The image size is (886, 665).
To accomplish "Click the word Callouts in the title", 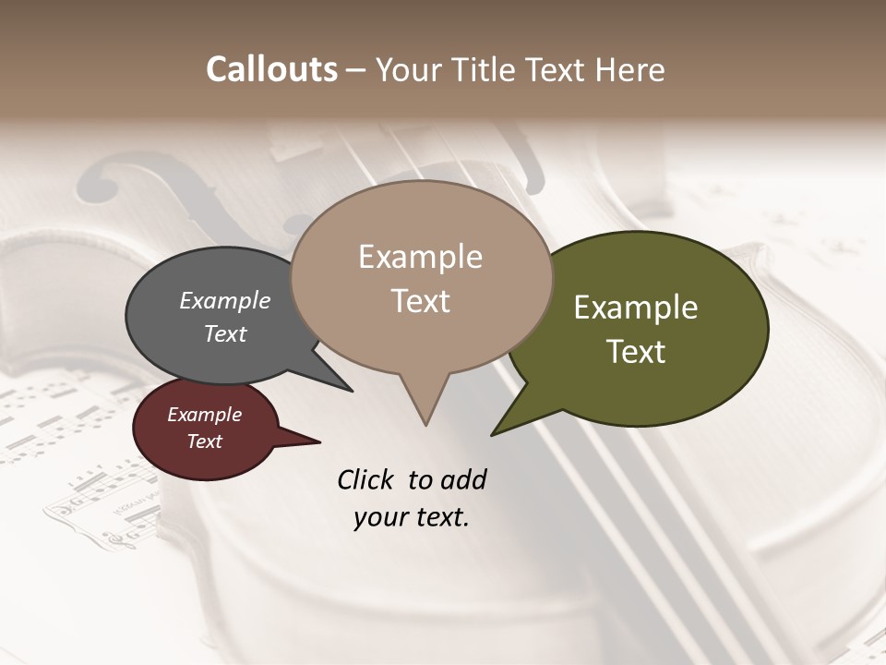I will pyautogui.click(x=271, y=69).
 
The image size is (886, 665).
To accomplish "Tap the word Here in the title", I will pyautogui.click(x=630, y=69).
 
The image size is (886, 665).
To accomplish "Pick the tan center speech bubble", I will pyautogui.click(x=421, y=277).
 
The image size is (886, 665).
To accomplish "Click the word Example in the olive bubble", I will pyautogui.click(x=636, y=307).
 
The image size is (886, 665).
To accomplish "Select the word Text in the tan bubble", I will pyautogui.click(x=421, y=301).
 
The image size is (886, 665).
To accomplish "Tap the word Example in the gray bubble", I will pyautogui.click(x=225, y=300).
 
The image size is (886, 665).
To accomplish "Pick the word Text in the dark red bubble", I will pyautogui.click(x=205, y=441).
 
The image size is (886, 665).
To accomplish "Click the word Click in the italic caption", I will pyautogui.click(x=365, y=479).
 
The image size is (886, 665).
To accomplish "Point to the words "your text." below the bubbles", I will pyautogui.click(x=411, y=517).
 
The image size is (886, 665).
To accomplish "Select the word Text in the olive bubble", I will pyautogui.click(x=636, y=352).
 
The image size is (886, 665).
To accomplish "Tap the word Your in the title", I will pyautogui.click(x=412, y=69).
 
